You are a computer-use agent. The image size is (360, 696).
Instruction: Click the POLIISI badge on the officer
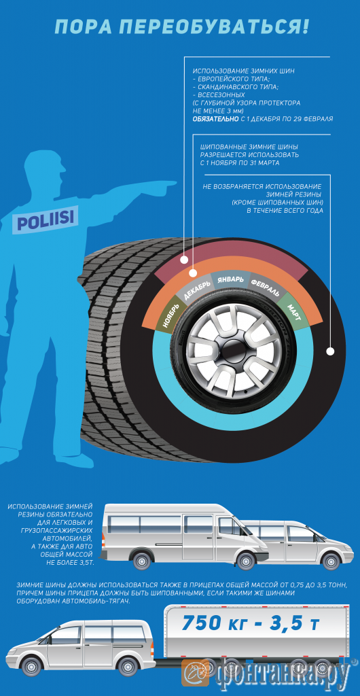click(46, 218)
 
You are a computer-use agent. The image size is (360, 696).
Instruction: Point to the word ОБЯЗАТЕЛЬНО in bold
click(215, 120)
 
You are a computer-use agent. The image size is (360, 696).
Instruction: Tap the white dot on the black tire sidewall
click(329, 351)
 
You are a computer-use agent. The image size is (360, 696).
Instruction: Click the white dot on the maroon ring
click(184, 260)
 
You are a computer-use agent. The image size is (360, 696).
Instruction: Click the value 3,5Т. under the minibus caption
click(83, 563)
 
